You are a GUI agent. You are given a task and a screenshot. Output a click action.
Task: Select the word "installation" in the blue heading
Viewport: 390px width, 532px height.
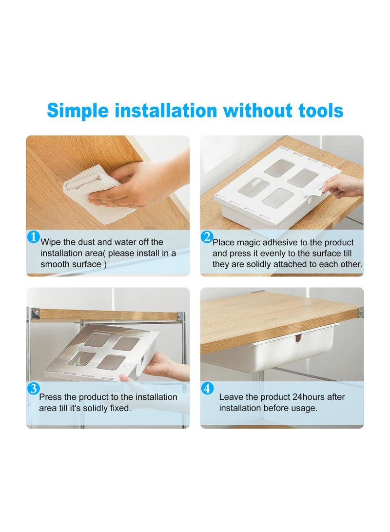(166, 111)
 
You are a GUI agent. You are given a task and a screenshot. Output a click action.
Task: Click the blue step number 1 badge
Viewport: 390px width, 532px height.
(33, 237)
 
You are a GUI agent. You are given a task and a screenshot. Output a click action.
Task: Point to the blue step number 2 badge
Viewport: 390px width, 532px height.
(207, 237)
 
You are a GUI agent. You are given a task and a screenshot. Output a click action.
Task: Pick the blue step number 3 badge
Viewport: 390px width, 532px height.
(33, 389)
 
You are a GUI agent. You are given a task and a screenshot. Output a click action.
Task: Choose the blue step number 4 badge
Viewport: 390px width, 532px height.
(207, 389)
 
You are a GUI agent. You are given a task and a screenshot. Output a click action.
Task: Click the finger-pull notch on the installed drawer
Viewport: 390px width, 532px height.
(298, 338)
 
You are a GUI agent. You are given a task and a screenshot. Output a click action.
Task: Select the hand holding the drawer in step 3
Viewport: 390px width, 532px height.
(163, 366)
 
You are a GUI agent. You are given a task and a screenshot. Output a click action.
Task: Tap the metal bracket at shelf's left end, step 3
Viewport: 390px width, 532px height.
(35, 313)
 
